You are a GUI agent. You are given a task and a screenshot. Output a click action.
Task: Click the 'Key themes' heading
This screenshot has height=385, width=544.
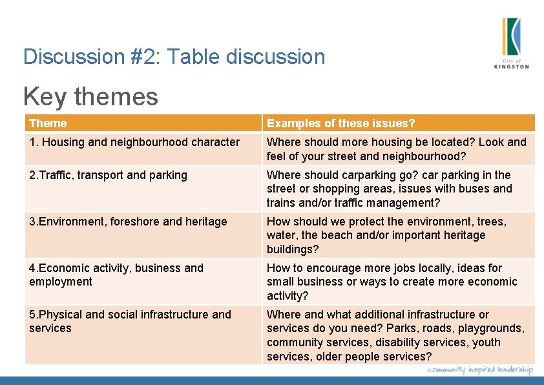pos(90,97)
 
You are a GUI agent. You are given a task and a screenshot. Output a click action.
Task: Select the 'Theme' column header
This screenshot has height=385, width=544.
pos(48,123)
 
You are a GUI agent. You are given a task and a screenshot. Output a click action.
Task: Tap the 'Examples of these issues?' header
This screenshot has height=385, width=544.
pos(340,123)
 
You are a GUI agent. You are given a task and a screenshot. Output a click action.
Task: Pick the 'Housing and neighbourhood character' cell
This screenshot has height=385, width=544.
pos(134,142)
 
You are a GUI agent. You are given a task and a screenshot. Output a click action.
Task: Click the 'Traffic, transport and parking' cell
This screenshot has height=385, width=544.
pos(108,175)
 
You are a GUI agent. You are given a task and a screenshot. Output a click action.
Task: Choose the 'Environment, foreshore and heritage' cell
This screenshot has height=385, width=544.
pos(128,222)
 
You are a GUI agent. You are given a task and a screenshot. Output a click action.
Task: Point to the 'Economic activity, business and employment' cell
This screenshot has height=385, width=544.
pos(116,275)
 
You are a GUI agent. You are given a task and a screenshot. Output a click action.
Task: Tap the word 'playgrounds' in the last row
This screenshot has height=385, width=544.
pos(490,329)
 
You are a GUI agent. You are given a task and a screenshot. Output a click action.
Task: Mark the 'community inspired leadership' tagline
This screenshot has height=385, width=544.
pos(480,369)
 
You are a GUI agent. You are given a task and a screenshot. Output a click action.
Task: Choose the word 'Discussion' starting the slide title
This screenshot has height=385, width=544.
pos(68,57)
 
